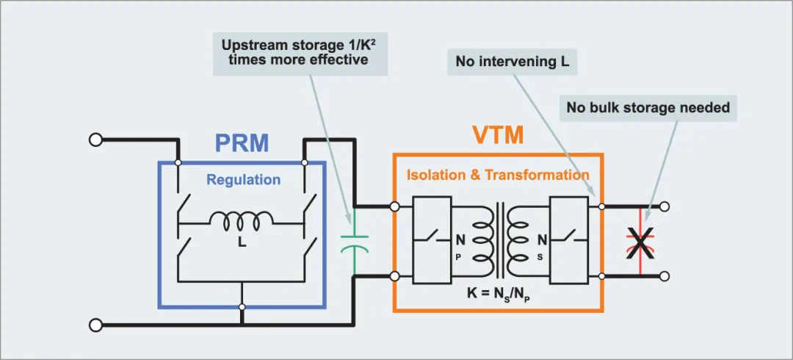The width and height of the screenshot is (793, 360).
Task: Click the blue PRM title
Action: click(x=242, y=143)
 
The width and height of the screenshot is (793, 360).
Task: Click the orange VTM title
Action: click(x=498, y=136)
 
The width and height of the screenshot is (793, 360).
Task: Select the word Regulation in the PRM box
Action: click(x=243, y=180)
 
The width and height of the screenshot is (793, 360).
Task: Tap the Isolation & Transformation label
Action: click(x=498, y=175)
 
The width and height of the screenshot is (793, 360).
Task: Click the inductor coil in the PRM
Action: click(x=242, y=218)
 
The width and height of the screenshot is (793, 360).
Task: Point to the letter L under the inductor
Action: click(x=242, y=242)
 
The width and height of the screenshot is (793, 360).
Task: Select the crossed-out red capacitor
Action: click(x=641, y=242)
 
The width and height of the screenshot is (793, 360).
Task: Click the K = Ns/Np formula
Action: click(x=497, y=293)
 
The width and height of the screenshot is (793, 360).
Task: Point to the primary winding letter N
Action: click(x=460, y=240)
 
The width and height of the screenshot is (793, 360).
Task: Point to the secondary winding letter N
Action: click(x=542, y=240)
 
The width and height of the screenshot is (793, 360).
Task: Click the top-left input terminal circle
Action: click(x=95, y=140)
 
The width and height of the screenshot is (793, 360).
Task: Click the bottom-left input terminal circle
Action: click(x=95, y=325)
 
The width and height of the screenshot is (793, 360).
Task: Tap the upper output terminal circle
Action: click(x=665, y=206)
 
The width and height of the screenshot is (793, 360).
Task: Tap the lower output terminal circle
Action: click(x=665, y=276)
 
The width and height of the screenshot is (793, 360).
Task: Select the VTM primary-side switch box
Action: click(x=432, y=240)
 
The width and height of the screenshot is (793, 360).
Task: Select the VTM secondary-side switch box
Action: click(x=570, y=240)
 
